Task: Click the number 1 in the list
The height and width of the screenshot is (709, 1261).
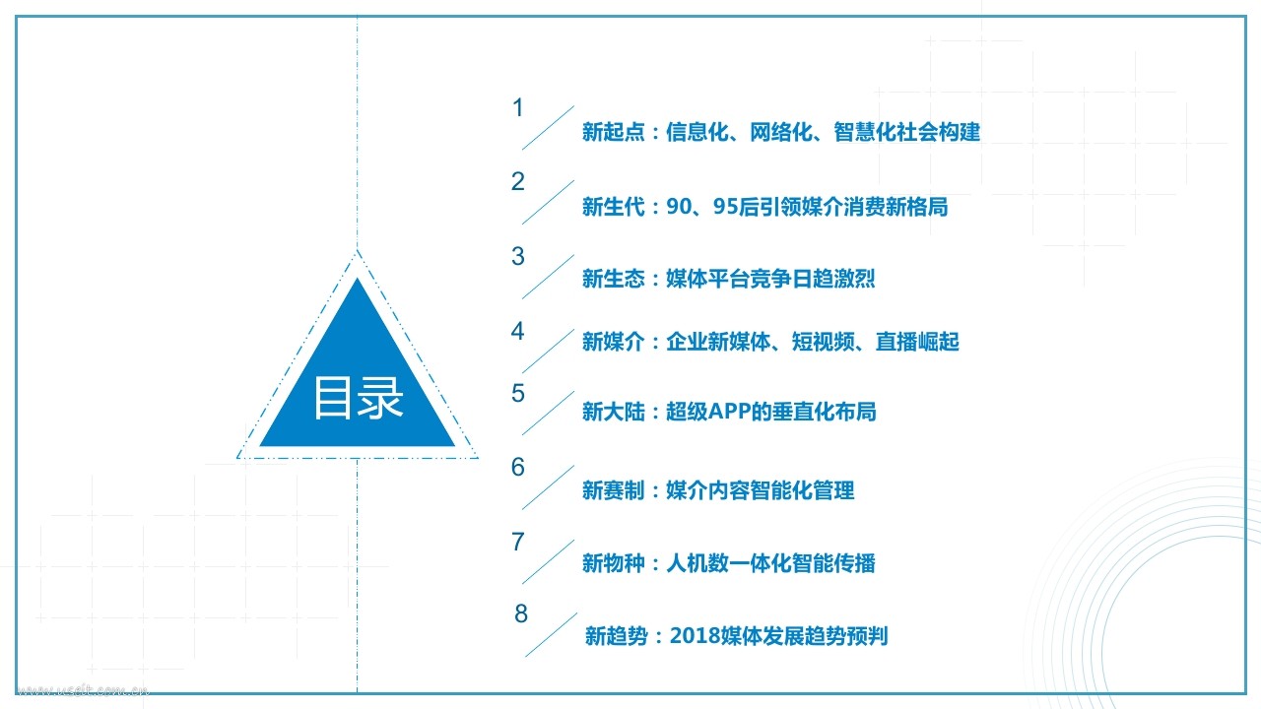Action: pos(518,108)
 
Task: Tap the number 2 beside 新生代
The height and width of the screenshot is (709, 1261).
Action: pos(518,182)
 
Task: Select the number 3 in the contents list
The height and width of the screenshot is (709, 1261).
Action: pos(518,257)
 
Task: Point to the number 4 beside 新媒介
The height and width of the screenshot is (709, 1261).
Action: pos(518,332)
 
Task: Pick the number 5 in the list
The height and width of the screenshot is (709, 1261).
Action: pos(518,394)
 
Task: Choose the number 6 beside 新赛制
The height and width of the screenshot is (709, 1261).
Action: pos(518,468)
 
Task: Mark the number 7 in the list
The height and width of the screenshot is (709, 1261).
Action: pos(518,543)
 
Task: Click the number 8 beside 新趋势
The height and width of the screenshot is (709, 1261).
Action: pos(521,614)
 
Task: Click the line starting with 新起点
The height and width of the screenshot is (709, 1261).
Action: pos(780,132)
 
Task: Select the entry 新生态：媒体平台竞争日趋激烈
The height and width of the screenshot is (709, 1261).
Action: pos(728,280)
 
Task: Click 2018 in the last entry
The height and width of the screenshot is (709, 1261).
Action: pos(694,636)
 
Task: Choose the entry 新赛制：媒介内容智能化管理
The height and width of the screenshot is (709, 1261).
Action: pos(717,490)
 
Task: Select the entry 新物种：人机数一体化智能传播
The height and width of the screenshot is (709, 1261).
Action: pos(728,563)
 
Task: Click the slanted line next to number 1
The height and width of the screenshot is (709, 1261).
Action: pos(548,127)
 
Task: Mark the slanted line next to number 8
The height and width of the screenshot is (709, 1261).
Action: pos(551,634)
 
